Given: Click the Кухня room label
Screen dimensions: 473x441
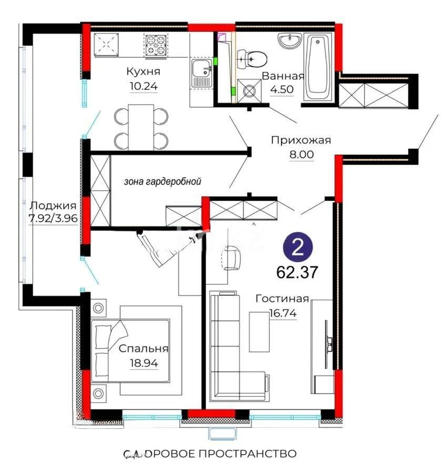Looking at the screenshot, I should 143,71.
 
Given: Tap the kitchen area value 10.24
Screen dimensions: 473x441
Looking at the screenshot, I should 143,86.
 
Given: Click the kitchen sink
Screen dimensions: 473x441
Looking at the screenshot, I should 201,73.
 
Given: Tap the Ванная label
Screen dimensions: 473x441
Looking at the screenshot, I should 283,76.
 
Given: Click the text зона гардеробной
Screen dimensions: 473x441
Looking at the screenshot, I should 163,181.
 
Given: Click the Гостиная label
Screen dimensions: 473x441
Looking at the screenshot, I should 282,299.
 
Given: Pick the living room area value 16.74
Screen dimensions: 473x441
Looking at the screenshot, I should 282,313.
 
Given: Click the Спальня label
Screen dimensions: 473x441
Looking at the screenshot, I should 143,348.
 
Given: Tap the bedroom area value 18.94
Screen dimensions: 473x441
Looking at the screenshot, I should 143,362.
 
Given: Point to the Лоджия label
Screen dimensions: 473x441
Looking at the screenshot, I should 53,205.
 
